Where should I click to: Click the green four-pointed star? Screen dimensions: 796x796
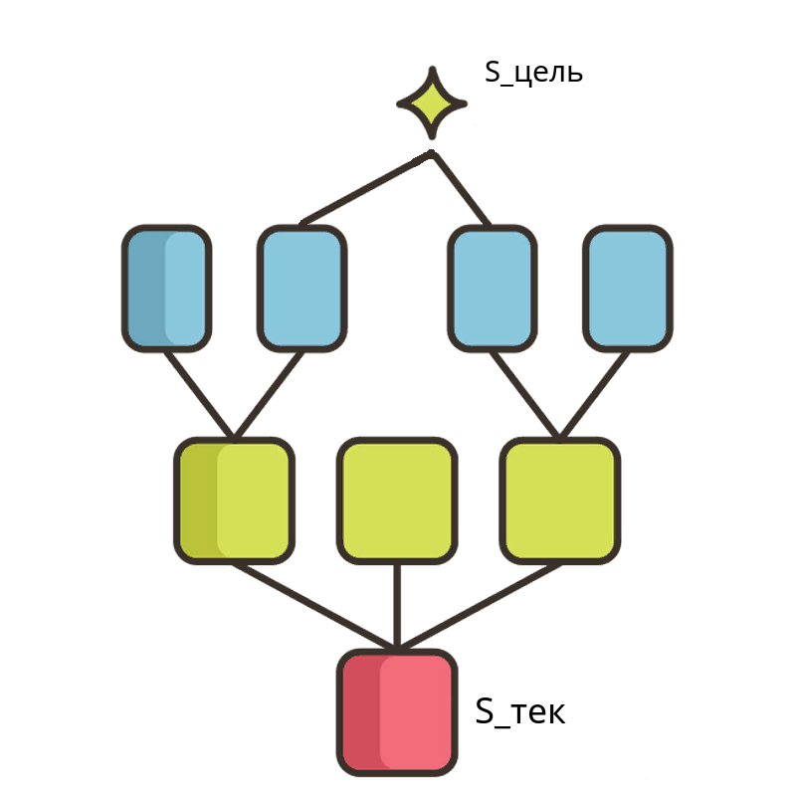click(x=432, y=103)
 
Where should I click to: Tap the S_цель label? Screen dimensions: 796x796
click(x=533, y=73)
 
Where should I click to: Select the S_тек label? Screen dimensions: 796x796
click(x=520, y=711)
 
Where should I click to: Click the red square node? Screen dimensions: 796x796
click(x=397, y=712)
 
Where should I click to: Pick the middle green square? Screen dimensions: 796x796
click(x=397, y=500)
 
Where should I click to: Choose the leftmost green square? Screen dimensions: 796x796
click(x=234, y=500)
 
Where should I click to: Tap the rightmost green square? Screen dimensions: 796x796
click(x=560, y=500)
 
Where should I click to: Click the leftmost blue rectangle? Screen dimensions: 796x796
click(x=166, y=289)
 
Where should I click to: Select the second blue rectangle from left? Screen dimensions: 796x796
click(x=302, y=289)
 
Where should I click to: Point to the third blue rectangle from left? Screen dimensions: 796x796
click(x=493, y=289)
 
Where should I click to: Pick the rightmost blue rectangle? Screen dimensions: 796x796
click(x=629, y=289)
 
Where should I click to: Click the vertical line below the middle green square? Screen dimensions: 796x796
click(x=397, y=607)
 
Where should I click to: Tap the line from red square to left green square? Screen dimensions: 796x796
click(x=314, y=607)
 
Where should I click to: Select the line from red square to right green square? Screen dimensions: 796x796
click(x=480, y=607)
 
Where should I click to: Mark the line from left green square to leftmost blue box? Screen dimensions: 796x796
click(x=200, y=394)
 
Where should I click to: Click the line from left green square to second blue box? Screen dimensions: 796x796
click(x=269, y=394)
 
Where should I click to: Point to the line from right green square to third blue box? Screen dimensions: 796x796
click(x=525, y=394)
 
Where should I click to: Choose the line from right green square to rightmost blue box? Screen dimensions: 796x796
click(x=594, y=394)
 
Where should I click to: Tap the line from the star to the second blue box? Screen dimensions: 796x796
click(x=365, y=188)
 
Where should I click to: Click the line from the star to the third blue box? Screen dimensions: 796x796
click(x=461, y=189)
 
